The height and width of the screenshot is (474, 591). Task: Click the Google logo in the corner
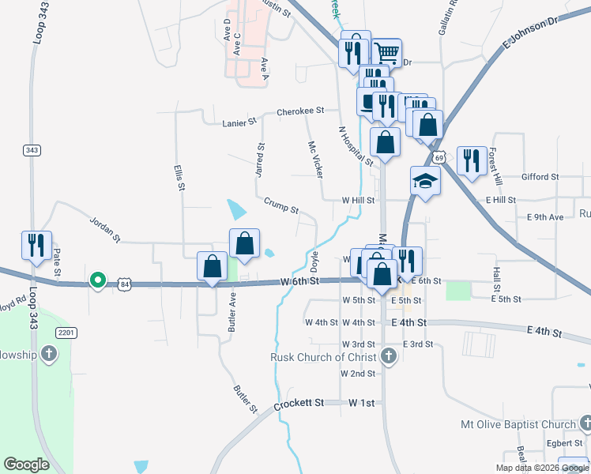(26, 464)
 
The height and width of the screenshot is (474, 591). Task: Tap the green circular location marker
(98, 280)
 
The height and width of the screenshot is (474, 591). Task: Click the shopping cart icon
(387, 53)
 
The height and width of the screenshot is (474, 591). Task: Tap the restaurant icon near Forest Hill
(472, 160)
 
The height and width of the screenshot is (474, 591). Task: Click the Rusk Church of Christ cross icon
(388, 356)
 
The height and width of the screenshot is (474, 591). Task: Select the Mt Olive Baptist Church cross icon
(585, 425)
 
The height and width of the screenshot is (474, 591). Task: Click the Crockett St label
(299, 404)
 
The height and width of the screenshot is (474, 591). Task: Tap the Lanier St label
(240, 122)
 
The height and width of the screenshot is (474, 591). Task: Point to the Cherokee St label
(301, 111)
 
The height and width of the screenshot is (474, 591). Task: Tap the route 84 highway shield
(124, 283)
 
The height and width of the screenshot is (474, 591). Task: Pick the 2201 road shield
(66, 333)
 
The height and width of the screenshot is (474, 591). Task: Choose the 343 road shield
(32, 150)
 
